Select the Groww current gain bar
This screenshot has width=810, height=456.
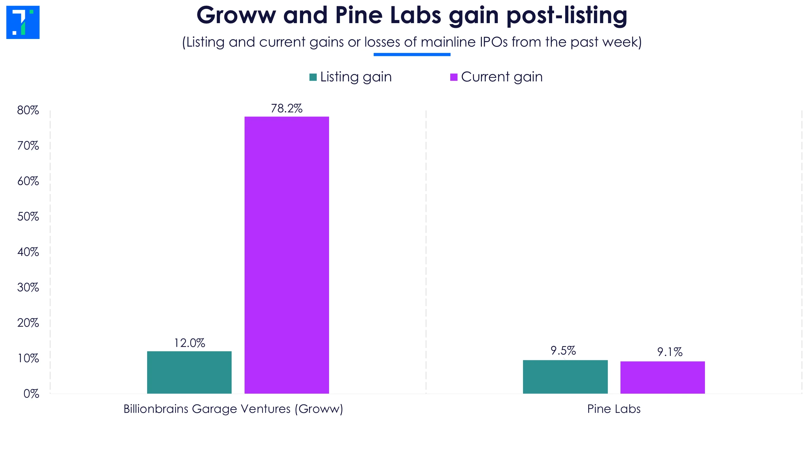pos(287,255)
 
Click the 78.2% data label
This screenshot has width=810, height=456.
pos(287,109)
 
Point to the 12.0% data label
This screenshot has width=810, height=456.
pos(190,343)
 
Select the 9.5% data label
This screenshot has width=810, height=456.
pos(563,351)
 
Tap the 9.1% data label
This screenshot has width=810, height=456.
pos(670,352)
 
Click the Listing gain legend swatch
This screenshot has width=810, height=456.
pos(313,77)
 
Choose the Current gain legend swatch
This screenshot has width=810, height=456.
pos(454,77)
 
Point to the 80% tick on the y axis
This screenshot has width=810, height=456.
pos(28,110)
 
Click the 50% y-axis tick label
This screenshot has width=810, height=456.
pos(28,217)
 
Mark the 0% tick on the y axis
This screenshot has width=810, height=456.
pos(31,394)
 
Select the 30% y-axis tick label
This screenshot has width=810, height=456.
pos(28,288)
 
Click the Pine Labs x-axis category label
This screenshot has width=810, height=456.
pos(614,409)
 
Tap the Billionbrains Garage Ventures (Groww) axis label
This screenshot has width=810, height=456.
pos(233,409)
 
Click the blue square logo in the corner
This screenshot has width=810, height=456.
pos(23,22)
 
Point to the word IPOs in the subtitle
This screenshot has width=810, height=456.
pos(493,42)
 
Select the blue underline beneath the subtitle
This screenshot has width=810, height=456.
pos(412,54)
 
